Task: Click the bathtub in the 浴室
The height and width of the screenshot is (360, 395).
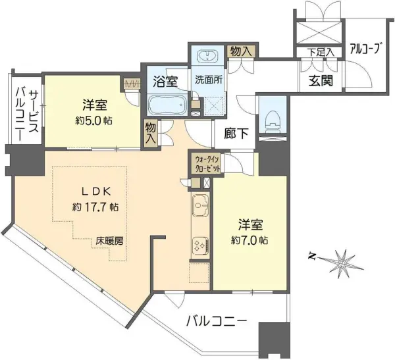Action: pos(167,104)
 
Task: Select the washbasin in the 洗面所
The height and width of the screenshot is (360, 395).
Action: pos(207,55)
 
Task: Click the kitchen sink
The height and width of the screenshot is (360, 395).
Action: pos(200,205)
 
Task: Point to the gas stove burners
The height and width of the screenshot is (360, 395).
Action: pos(200,245)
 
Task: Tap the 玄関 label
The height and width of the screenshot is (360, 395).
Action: pos(321,81)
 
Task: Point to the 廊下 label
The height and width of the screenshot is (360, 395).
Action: pos(236,133)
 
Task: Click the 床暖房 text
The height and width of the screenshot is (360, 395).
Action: pos(109,241)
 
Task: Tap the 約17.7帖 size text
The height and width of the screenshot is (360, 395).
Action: pos(95,207)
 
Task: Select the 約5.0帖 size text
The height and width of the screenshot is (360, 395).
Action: pos(93,121)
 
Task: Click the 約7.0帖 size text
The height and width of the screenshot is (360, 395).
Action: pos(250,241)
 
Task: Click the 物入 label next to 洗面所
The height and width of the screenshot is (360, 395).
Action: pos(241,51)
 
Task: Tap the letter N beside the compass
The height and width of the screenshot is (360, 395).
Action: pos(312,256)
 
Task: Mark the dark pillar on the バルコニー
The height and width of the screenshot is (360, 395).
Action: pos(274,340)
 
